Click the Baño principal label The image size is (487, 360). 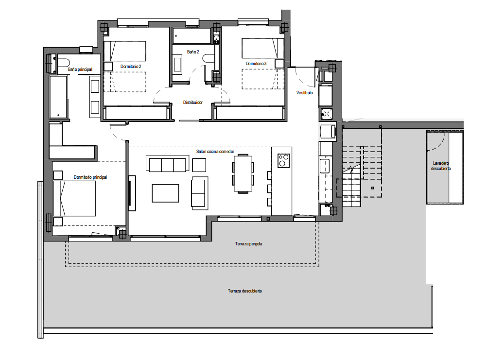pyautogui.click(x=80, y=69)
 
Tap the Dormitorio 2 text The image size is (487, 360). pyautogui.click(x=131, y=67)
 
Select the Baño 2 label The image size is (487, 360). pyautogui.click(x=193, y=52)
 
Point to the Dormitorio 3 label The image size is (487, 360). pyautogui.click(x=256, y=63)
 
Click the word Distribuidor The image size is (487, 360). pyautogui.click(x=193, y=103)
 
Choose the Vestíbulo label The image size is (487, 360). pyautogui.click(x=304, y=93)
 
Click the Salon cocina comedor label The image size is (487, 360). pyautogui.click(x=215, y=152)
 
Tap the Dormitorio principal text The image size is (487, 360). pyautogui.click(x=90, y=177)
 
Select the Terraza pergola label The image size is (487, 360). pyautogui.click(x=249, y=244)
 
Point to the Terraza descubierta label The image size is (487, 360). pyautogui.click(x=245, y=291)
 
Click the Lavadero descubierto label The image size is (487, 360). pyautogui.click(x=441, y=166)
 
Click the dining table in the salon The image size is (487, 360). pyautogui.click(x=243, y=173)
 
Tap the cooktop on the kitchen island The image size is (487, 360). pyautogui.click(x=283, y=161)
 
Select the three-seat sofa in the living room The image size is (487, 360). pyautogui.click(x=167, y=164)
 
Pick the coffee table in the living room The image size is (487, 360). pyautogui.click(x=165, y=193)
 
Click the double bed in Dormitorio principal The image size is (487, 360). pyautogui.click(x=74, y=199)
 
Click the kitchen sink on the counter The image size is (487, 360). pyautogui.click(x=325, y=165)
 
